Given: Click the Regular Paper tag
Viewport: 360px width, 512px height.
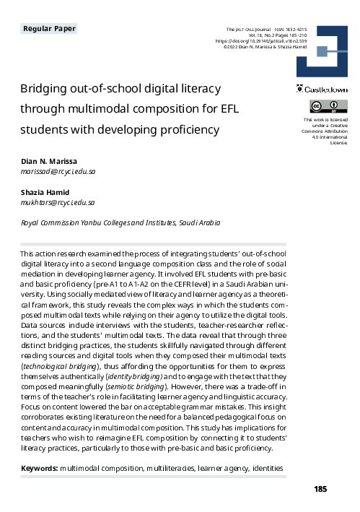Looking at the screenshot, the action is pos(49,29).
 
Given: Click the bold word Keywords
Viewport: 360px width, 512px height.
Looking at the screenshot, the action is pos(39,469).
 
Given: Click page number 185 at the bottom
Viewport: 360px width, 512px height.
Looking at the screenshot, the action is pos(321,490).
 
